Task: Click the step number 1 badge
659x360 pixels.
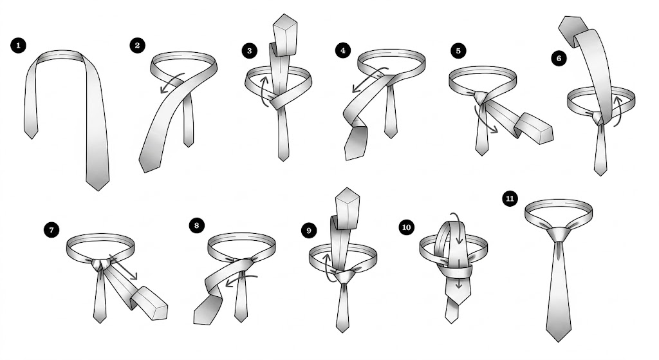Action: point(18,46)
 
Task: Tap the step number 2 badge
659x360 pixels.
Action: point(138,46)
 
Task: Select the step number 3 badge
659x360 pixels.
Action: point(249,51)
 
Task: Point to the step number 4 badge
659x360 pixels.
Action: point(343,50)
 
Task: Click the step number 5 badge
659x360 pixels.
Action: point(458,51)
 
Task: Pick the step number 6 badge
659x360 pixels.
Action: point(559,58)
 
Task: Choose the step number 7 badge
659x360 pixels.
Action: point(51,230)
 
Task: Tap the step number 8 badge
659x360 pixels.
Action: point(197,225)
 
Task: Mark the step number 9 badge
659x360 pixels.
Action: point(309,231)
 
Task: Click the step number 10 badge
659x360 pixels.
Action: point(407,227)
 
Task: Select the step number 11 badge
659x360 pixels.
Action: point(510,198)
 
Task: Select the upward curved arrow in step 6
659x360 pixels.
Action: point(617,110)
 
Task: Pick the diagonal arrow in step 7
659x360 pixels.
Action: point(124,267)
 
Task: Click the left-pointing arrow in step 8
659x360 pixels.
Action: point(241,279)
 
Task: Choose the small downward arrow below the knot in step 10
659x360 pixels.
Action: point(458,284)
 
